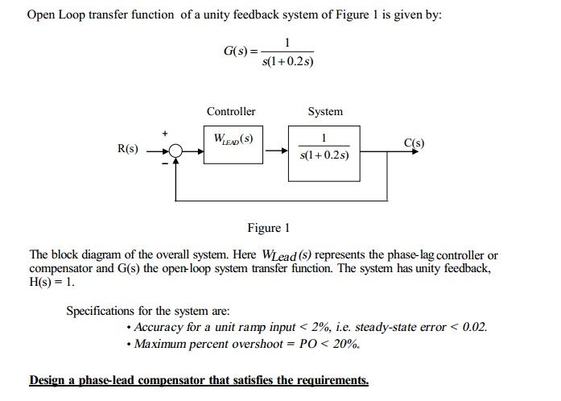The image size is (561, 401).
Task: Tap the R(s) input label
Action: (128, 148)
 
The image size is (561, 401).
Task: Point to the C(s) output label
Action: (414, 143)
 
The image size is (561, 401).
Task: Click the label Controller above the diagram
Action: (231, 111)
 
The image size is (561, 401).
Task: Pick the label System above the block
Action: (325, 111)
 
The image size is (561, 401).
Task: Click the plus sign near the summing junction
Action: (164, 134)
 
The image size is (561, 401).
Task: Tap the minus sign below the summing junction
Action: (164, 163)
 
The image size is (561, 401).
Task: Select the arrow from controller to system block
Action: (277, 151)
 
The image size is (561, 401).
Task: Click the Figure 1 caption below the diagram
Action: (268, 228)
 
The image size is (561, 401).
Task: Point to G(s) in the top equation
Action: (235, 52)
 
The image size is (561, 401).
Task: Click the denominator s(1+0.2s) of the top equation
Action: (287, 61)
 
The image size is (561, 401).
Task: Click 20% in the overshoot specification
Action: (345, 344)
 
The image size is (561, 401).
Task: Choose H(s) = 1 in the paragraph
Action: (52, 282)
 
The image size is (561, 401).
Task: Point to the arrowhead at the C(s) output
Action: (415, 151)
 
